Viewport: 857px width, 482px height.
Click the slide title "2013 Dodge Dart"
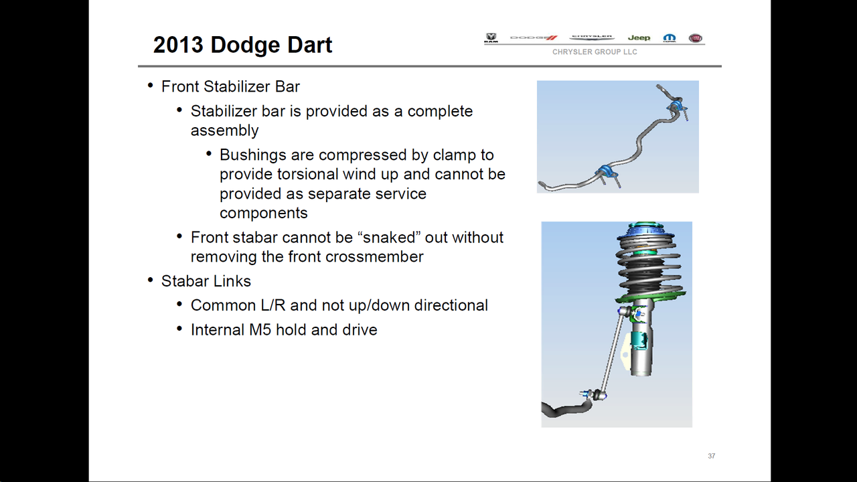click(242, 45)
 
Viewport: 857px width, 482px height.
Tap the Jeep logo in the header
click(639, 37)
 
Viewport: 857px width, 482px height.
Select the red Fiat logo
click(695, 38)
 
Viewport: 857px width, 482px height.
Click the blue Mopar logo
click(669, 38)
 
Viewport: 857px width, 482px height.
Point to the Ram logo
click(491, 37)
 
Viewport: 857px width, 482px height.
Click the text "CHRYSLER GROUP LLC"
click(595, 52)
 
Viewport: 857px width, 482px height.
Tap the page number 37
click(711, 456)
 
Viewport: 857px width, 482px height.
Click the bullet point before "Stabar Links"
click(151, 280)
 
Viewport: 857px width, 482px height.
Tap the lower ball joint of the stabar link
click(597, 394)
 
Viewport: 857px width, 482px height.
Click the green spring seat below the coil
click(650, 297)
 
